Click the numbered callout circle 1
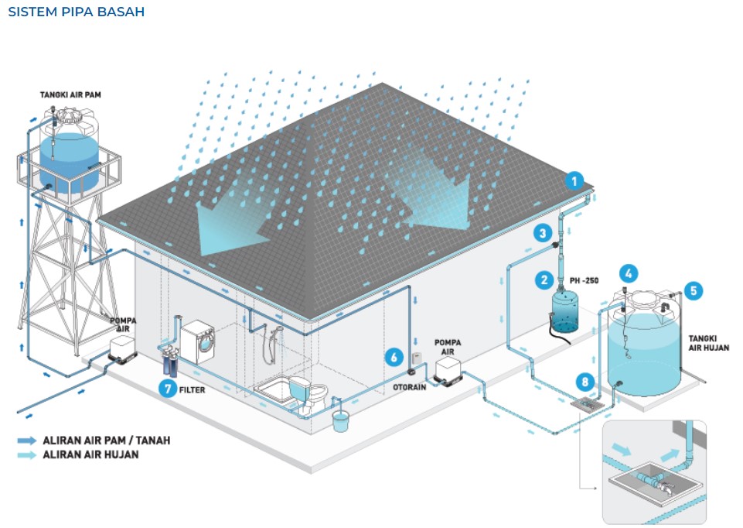(x=574, y=182)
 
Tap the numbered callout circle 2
(x=545, y=280)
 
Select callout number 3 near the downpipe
(x=544, y=232)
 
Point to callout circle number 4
(x=629, y=273)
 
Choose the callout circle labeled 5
(x=693, y=290)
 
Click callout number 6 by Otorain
(x=394, y=357)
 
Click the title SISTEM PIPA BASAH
(x=76, y=12)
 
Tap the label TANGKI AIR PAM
(x=71, y=94)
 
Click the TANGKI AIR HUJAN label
(x=708, y=343)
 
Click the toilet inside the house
(x=302, y=390)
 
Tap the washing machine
(x=198, y=343)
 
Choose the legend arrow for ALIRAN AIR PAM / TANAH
(x=27, y=441)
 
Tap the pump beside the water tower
(x=123, y=351)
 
